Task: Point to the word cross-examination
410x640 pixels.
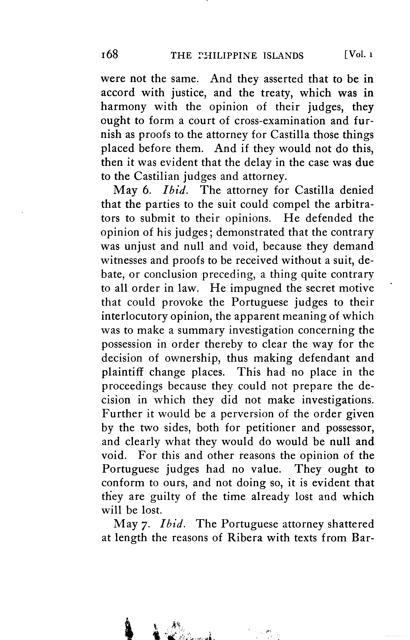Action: tap(280, 121)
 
